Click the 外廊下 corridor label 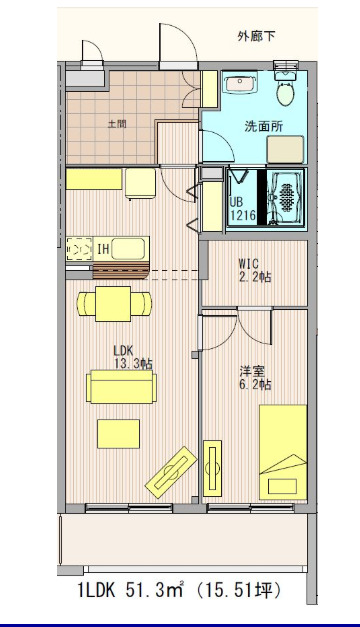[257, 37]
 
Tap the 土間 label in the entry [117, 124]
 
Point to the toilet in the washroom [286, 89]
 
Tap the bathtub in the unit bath [287, 195]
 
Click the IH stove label [102, 247]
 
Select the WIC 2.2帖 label [254, 271]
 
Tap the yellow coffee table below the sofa [118, 433]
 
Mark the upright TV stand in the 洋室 [212, 466]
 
